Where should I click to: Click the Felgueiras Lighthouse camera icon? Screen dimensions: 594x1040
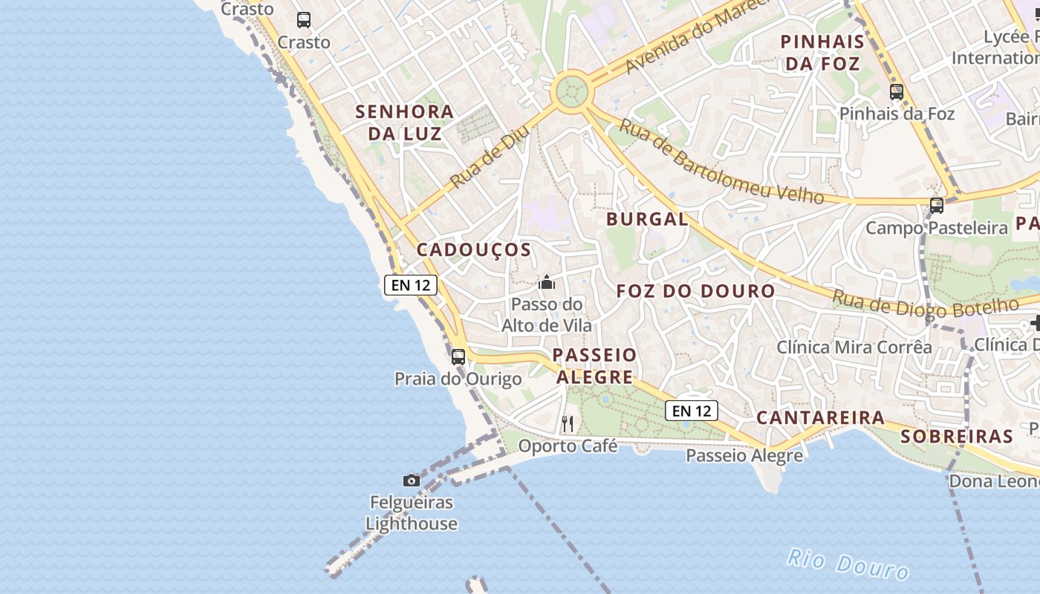click(x=411, y=480)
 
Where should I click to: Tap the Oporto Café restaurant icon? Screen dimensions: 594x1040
click(x=568, y=424)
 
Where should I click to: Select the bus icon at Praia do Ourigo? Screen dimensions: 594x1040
click(x=458, y=356)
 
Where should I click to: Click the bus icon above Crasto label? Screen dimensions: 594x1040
click(x=304, y=20)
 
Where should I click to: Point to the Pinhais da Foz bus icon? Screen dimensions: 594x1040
click(x=897, y=92)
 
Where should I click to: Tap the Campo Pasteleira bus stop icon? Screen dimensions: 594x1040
click(x=937, y=206)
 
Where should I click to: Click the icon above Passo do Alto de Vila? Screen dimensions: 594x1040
click(x=547, y=282)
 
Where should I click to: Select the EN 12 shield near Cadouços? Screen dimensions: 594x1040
click(x=411, y=284)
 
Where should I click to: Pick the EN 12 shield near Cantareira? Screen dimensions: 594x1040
click(x=691, y=411)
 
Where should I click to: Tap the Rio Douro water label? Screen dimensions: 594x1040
click(x=848, y=564)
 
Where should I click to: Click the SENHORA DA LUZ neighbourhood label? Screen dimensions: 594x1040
click(x=404, y=123)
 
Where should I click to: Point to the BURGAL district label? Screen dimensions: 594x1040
click(x=647, y=219)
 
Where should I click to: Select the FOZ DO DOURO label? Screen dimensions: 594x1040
click(x=695, y=291)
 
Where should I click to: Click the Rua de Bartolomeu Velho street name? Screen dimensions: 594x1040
click(x=721, y=163)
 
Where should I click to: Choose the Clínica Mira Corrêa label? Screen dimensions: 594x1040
click(x=854, y=347)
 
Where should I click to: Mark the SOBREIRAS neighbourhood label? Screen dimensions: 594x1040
click(x=957, y=436)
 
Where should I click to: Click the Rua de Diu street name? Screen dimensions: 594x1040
click(x=490, y=156)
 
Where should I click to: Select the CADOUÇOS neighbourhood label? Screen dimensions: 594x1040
click(x=474, y=249)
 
